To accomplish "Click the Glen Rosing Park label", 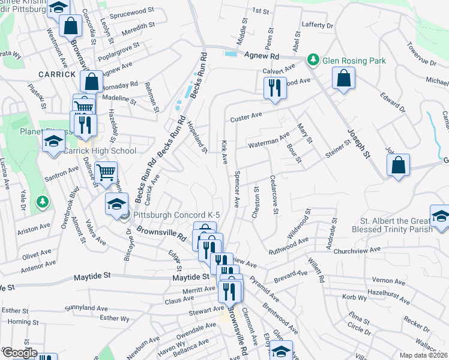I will [x=354, y=61].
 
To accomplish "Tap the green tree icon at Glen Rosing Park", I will [x=313, y=60].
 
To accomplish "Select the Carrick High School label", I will [x=100, y=151].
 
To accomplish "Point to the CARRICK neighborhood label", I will [x=57, y=74].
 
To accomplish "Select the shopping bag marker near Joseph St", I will [x=398, y=164].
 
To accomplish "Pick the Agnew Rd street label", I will [x=262, y=56].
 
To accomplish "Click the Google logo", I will [x=19, y=353].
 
